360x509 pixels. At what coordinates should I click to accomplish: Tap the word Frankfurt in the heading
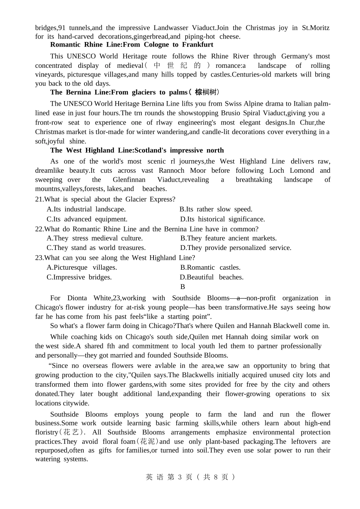198,45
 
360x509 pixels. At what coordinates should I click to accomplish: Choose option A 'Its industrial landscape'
86,209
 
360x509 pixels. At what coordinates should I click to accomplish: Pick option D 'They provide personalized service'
236,248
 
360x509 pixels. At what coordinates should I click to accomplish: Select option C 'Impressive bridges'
79,277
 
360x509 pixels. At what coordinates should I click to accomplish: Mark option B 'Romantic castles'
210,267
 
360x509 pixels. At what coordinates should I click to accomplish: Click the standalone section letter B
183,287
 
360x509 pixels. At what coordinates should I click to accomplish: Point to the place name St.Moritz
316,28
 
